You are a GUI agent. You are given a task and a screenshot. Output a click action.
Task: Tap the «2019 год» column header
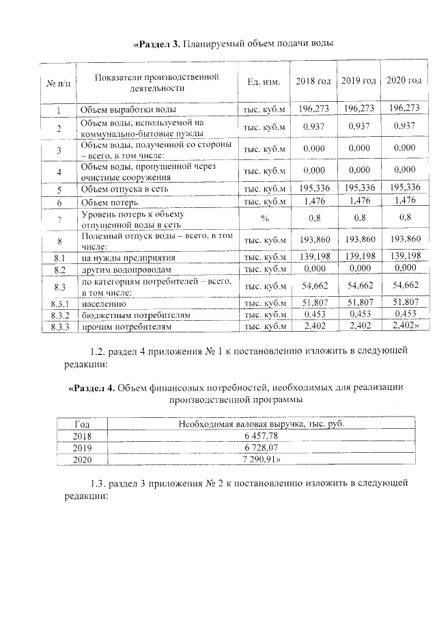point(358,81)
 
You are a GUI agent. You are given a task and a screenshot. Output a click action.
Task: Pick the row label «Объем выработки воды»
point(128,109)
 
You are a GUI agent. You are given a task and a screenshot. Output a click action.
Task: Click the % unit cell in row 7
point(263,219)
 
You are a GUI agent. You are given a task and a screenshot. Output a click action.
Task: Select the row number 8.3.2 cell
point(59,315)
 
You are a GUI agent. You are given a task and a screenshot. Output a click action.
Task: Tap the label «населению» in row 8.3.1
point(103,302)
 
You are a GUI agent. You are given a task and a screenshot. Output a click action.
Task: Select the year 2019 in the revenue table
point(81,447)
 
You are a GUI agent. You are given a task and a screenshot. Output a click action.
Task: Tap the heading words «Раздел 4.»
point(92,388)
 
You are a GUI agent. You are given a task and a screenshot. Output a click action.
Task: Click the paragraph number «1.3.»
point(100,483)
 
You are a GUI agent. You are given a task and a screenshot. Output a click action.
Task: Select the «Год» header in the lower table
point(81,424)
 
